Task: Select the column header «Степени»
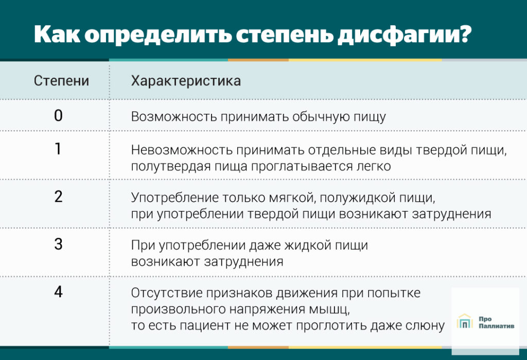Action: point(61,81)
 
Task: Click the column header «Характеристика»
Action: point(186,81)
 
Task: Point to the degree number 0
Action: point(58,115)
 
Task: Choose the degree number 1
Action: point(58,149)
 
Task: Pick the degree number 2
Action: point(58,197)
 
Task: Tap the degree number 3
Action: point(58,244)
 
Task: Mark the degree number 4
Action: point(58,292)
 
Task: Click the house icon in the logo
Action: point(465,322)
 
